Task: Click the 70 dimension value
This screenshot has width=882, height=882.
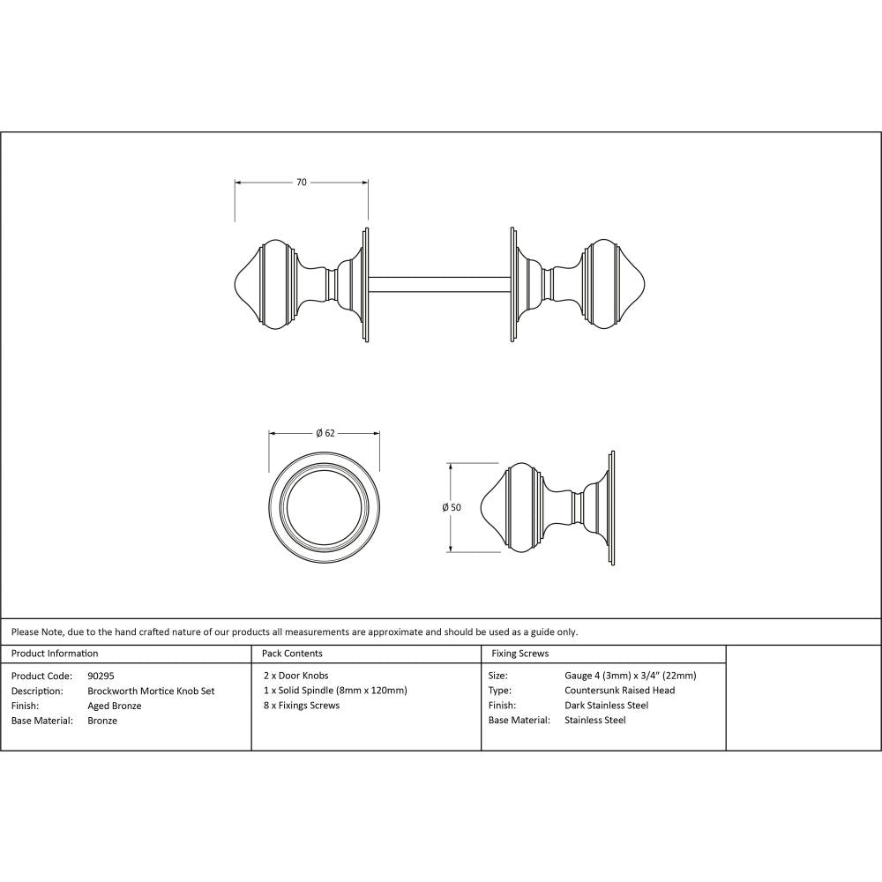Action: click(301, 183)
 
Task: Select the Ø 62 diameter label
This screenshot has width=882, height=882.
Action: click(325, 433)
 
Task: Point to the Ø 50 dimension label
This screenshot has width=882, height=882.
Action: click(452, 507)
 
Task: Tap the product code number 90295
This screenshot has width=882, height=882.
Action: click(101, 676)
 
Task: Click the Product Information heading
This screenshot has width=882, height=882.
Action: click(55, 654)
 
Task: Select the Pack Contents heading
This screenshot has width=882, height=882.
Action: click(293, 654)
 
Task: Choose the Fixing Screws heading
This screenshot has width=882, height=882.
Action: click(520, 654)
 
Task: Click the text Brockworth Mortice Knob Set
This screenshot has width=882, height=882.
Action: click(152, 691)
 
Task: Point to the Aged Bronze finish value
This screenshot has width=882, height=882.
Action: click(115, 706)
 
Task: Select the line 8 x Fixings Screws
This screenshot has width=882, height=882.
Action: click(301, 706)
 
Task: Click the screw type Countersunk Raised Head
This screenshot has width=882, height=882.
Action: click(619, 691)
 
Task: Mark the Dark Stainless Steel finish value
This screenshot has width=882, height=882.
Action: click(606, 706)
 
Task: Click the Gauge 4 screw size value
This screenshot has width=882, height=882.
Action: click(630, 676)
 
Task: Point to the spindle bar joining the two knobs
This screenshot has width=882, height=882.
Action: click(439, 285)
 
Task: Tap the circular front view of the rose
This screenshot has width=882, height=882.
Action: click(325, 507)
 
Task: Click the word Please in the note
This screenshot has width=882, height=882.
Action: click(26, 632)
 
